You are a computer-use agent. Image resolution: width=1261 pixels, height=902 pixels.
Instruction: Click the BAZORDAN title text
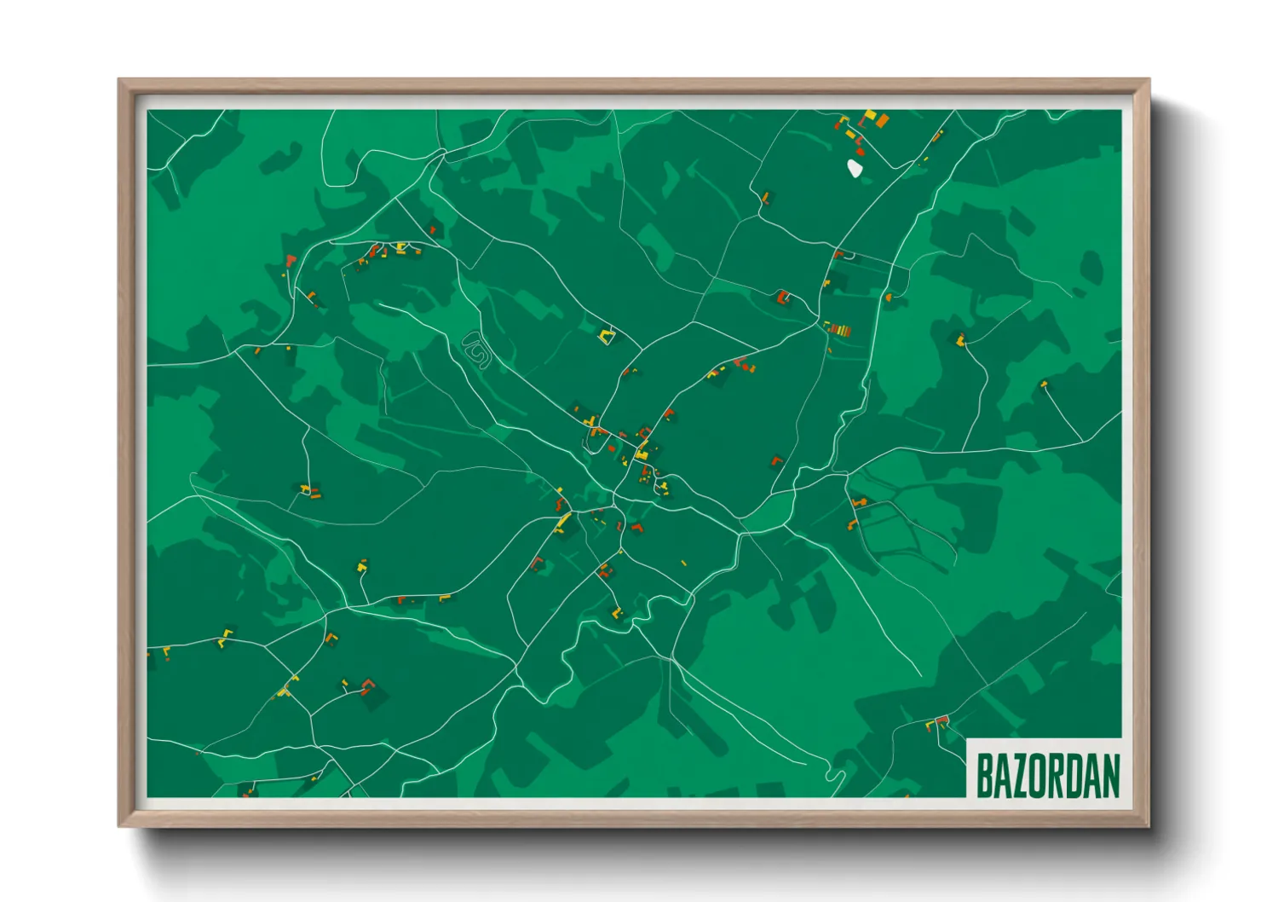[x=1047, y=775]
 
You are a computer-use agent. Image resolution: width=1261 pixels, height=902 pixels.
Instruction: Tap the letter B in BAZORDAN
[x=984, y=775]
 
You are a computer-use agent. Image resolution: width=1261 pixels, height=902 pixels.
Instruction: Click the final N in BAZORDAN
[x=1110, y=775]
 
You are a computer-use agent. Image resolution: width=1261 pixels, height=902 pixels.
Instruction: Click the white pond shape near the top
[x=855, y=168]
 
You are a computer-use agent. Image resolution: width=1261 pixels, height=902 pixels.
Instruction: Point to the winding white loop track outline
[x=476, y=349]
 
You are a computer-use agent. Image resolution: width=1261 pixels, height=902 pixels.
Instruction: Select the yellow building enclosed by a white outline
[x=606, y=337]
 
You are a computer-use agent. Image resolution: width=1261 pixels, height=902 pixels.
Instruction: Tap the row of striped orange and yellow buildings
[x=838, y=329]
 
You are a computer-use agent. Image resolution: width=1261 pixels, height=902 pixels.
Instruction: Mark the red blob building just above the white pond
[x=860, y=151]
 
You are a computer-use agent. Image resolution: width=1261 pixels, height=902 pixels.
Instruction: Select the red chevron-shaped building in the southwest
[x=368, y=685]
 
